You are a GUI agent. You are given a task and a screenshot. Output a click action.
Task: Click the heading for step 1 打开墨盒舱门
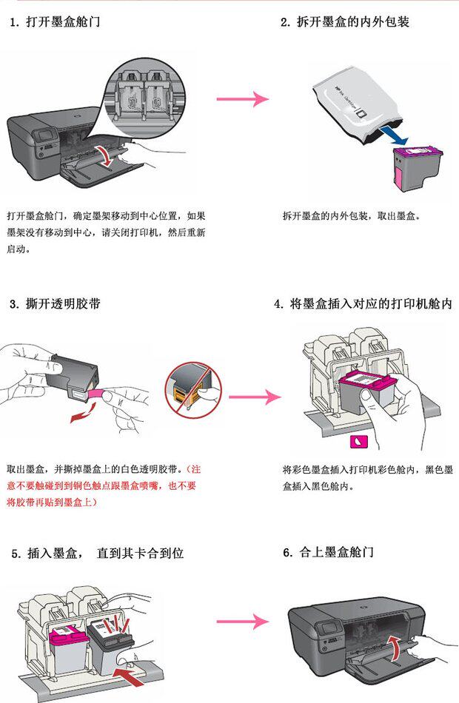[x=55, y=22]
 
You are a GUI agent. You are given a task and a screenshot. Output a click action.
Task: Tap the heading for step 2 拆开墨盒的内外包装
[x=344, y=22]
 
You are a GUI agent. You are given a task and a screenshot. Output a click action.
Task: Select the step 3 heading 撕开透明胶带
[x=56, y=304]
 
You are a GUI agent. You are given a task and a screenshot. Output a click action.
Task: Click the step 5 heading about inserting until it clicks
[x=97, y=553]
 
